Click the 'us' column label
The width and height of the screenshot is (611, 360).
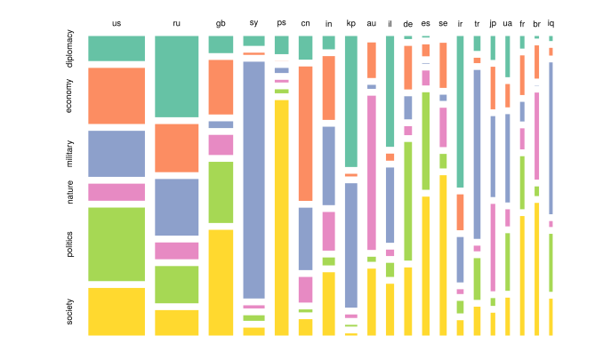(116, 23)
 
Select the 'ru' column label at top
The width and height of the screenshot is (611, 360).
(176, 23)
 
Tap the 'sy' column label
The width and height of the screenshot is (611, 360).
(253, 23)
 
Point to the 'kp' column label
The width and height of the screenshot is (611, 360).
(350, 23)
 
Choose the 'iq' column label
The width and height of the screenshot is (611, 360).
(551, 23)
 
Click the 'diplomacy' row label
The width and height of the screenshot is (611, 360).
(70, 50)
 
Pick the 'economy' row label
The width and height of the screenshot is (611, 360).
(70, 96)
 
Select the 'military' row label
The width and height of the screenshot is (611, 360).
(70, 153)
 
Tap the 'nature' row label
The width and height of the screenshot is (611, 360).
(70, 192)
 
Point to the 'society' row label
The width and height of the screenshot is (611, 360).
(70, 311)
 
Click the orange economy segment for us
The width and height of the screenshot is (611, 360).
(116, 95)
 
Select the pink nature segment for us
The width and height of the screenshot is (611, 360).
(116, 192)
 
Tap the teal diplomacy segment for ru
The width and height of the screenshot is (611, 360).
(176, 76)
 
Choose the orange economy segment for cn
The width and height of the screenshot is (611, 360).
(305, 133)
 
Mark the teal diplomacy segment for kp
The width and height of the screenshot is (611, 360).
(350, 101)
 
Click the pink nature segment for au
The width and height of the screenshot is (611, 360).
(371, 172)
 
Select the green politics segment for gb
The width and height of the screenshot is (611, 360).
(221, 192)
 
